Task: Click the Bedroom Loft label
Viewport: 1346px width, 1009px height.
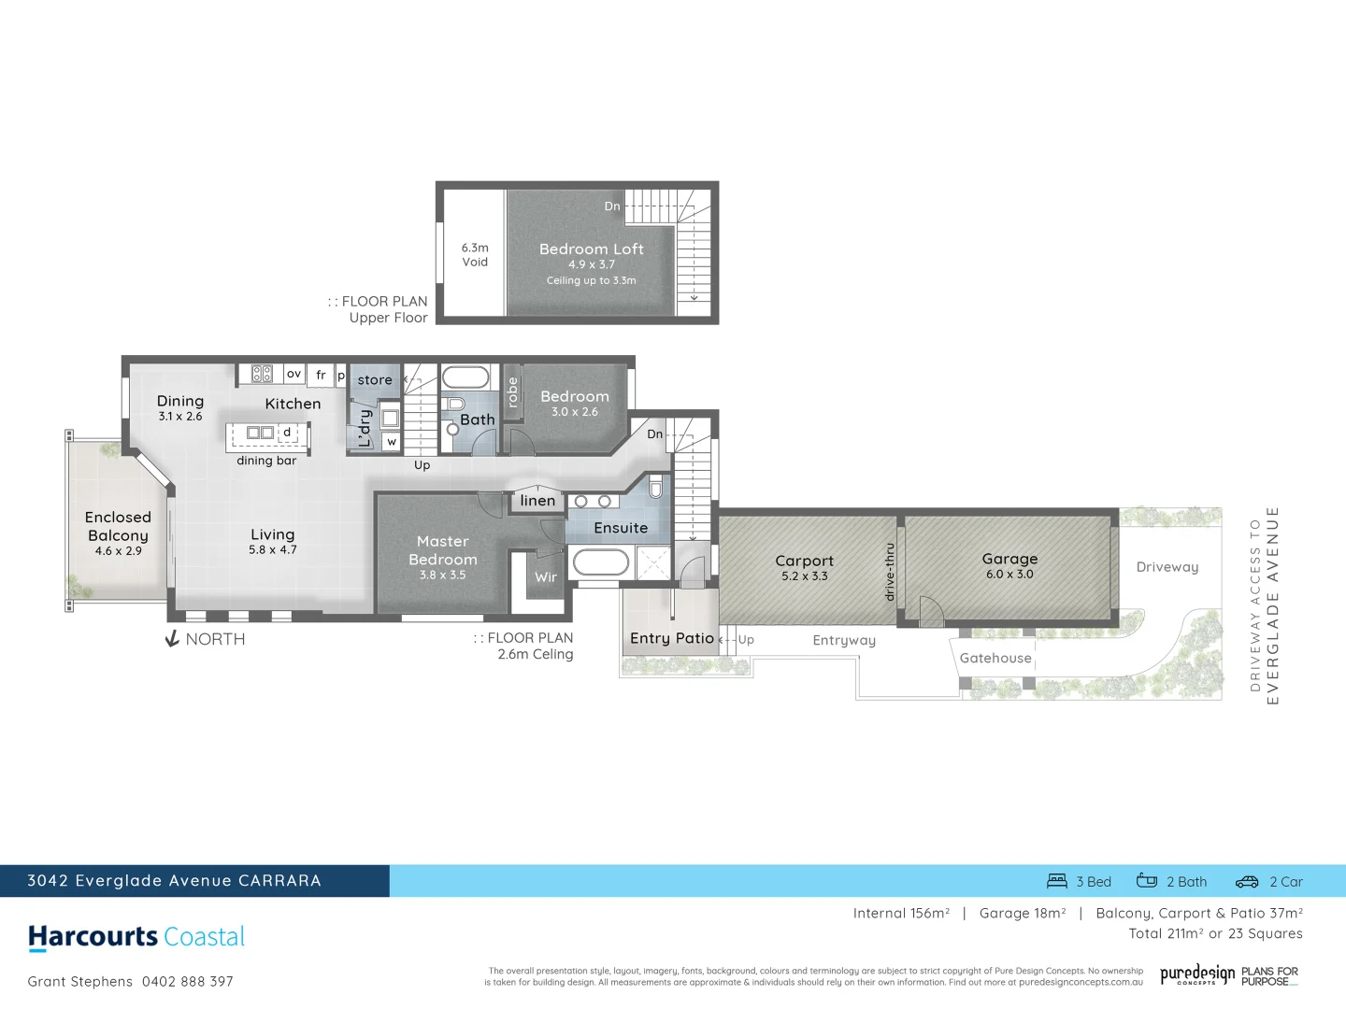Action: (x=591, y=249)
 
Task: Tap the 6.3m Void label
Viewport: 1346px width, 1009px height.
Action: (x=475, y=255)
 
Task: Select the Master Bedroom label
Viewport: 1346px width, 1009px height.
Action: (x=443, y=550)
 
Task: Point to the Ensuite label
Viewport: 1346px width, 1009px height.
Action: (x=621, y=528)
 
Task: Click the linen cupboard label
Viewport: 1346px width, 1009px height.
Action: (x=537, y=501)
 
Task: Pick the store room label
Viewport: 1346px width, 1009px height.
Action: (x=375, y=380)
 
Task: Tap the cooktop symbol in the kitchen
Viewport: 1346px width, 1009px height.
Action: (x=262, y=374)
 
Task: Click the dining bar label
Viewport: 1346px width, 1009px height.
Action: (x=266, y=461)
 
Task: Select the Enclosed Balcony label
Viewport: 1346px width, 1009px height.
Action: (x=118, y=526)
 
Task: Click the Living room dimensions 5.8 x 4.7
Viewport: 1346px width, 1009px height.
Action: (x=272, y=550)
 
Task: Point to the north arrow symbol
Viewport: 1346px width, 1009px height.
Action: (x=172, y=639)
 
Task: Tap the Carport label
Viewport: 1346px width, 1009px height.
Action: (x=804, y=561)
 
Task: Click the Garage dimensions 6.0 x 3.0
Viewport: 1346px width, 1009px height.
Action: (x=1009, y=575)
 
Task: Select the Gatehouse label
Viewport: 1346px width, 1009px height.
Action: (x=995, y=658)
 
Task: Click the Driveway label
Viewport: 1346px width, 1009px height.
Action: (x=1167, y=567)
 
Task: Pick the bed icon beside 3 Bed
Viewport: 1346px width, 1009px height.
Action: (x=1057, y=881)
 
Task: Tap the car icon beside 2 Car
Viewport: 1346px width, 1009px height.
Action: (x=1247, y=881)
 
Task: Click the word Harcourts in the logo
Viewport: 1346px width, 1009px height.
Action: (x=93, y=936)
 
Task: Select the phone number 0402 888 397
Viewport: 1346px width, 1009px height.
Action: (x=188, y=981)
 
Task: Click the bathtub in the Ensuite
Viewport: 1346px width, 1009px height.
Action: (x=600, y=562)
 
